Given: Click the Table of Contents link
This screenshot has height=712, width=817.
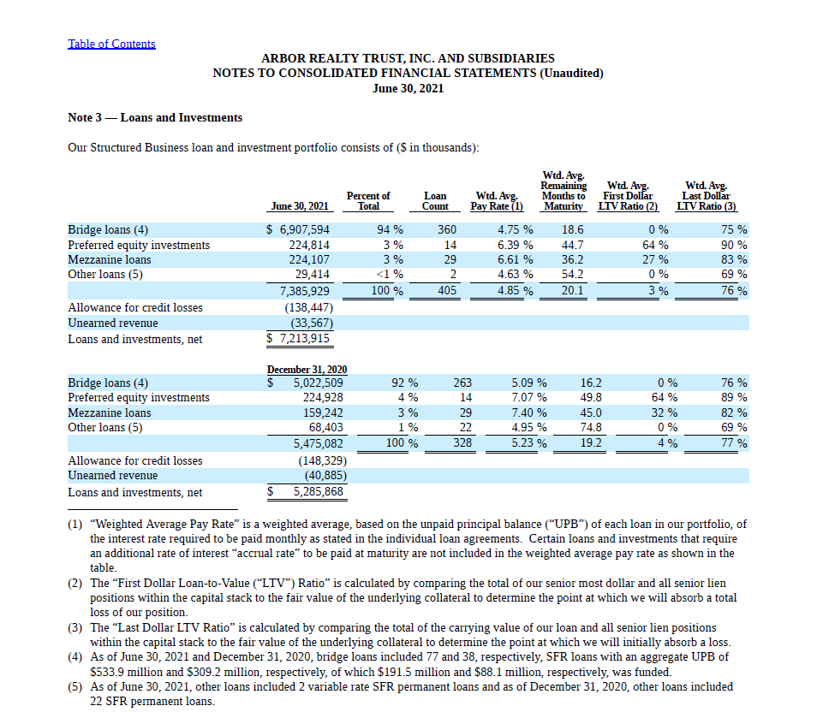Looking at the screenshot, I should [111, 44].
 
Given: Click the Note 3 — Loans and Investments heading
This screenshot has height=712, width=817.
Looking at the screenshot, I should [155, 117].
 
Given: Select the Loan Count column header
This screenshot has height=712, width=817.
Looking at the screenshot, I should [435, 201].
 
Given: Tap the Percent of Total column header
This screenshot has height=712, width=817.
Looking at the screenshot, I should [368, 201].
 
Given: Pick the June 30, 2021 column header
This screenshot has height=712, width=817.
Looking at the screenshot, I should [300, 206].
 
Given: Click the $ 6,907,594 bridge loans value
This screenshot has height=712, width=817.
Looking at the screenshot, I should [298, 230].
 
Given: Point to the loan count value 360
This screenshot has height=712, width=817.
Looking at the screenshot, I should [447, 230].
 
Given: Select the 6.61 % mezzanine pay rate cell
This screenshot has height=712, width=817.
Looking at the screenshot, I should [515, 259].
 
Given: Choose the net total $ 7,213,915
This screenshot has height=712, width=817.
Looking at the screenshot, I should [299, 339].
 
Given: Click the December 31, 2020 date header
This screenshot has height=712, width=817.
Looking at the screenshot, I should [307, 369].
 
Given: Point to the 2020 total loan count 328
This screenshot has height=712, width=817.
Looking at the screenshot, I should [462, 443].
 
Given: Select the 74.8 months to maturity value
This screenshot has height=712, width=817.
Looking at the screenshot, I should [591, 427].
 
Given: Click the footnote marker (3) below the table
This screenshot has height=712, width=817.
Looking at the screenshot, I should [75, 627].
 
